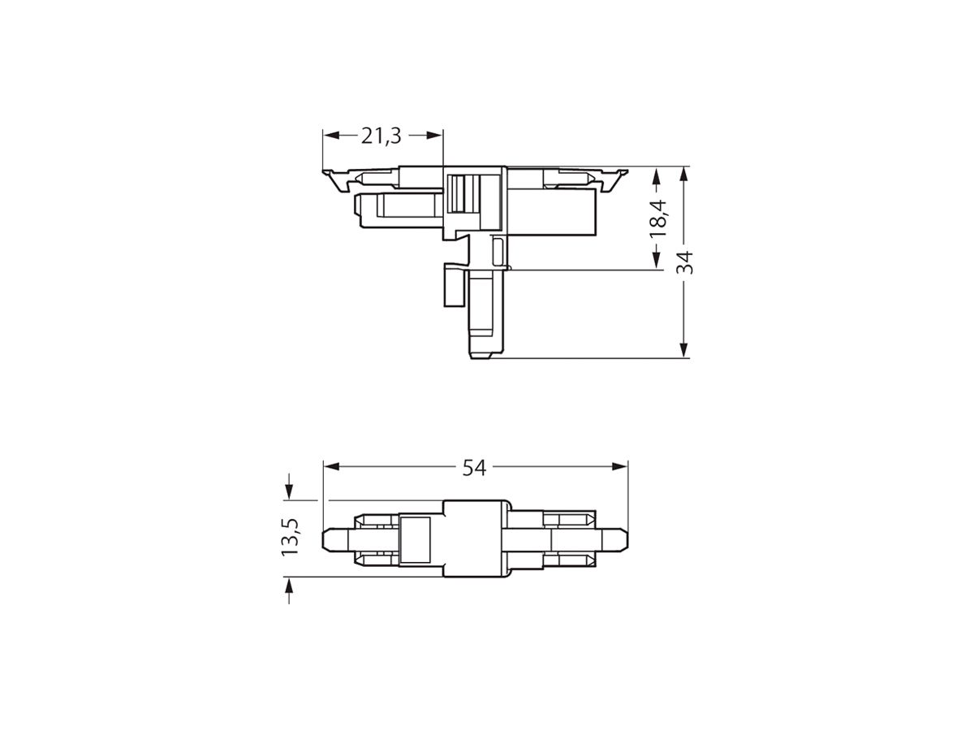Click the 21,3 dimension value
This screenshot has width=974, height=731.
pyautogui.click(x=381, y=136)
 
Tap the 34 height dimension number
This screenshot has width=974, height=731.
pyautogui.click(x=687, y=262)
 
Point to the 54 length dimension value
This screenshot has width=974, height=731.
pyautogui.click(x=474, y=467)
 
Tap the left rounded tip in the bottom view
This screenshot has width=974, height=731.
pyautogui.click(x=330, y=539)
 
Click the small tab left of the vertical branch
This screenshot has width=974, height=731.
pyautogui.click(x=452, y=284)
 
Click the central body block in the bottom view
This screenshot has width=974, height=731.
pyautogui.click(x=476, y=539)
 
